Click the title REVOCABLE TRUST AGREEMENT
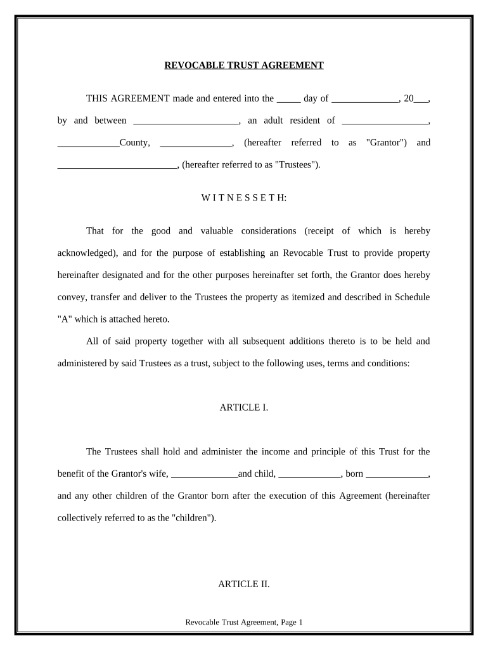click(x=244, y=65)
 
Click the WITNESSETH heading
click(x=244, y=198)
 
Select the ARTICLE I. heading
click(x=244, y=408)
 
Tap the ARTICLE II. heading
click(x=244, y=584)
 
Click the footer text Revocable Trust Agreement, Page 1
click(x=244, y=623)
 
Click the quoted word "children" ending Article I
click(x=192, y=517)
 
